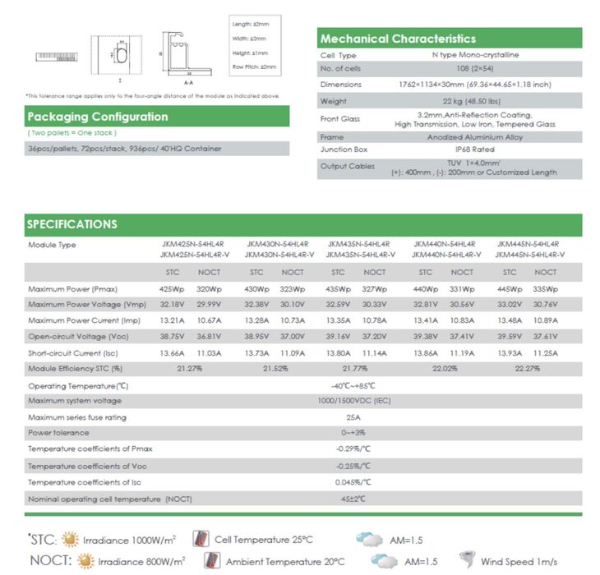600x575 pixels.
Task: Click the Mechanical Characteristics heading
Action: click(398, 39)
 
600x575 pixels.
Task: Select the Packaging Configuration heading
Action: click(97, 117)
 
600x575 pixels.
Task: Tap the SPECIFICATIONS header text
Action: click(72, 224)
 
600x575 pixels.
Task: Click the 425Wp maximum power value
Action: click(172, 289)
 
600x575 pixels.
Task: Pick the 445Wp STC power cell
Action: click(510, 289)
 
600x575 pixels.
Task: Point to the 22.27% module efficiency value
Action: click(527, 368)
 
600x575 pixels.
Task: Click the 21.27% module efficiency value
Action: click(190, 368)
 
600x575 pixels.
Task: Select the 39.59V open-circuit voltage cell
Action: click(510, 336)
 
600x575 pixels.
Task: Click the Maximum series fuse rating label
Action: click(77, 416)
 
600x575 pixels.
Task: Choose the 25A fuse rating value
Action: click(353, 416)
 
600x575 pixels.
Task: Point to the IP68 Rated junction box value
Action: click(451, 149)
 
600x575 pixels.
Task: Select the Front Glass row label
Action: click(340, 119)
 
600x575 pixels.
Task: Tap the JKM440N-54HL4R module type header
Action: click(445, 244)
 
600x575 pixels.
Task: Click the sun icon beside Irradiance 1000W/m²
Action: click(71, 540)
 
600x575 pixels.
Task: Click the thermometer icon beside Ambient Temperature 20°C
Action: click(212, 561)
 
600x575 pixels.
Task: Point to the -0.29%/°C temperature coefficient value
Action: click(353, 448)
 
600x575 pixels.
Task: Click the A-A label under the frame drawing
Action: click(188, 83)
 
